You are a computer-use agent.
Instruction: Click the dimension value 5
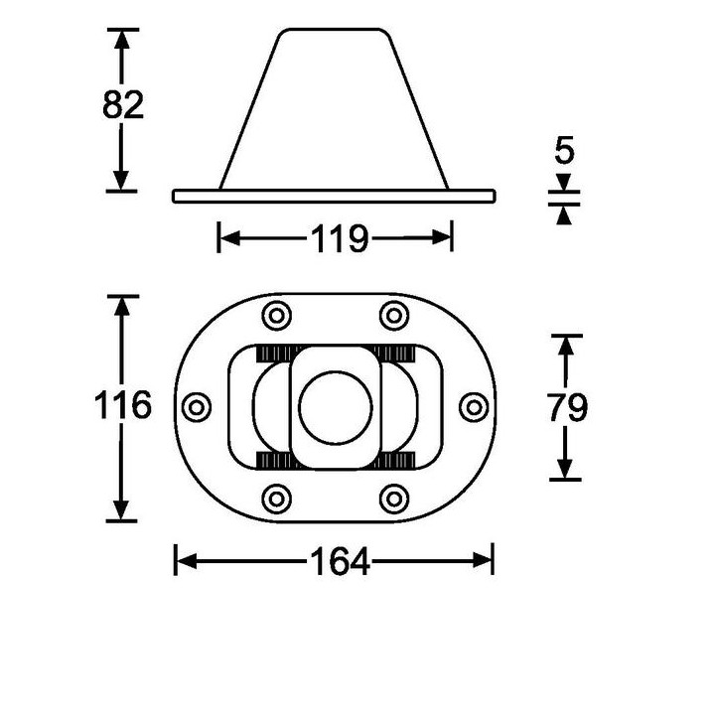point(565,153)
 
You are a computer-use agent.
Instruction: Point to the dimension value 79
point(566,406)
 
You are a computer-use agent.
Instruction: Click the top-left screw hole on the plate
point(274,317)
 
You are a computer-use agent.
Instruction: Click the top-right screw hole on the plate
point(394,317)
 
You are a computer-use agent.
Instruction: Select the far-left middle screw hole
point(198,406)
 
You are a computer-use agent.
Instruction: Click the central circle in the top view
point(336,406)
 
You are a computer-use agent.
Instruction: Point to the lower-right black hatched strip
point(394,459)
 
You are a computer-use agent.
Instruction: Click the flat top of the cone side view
point(335,31)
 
